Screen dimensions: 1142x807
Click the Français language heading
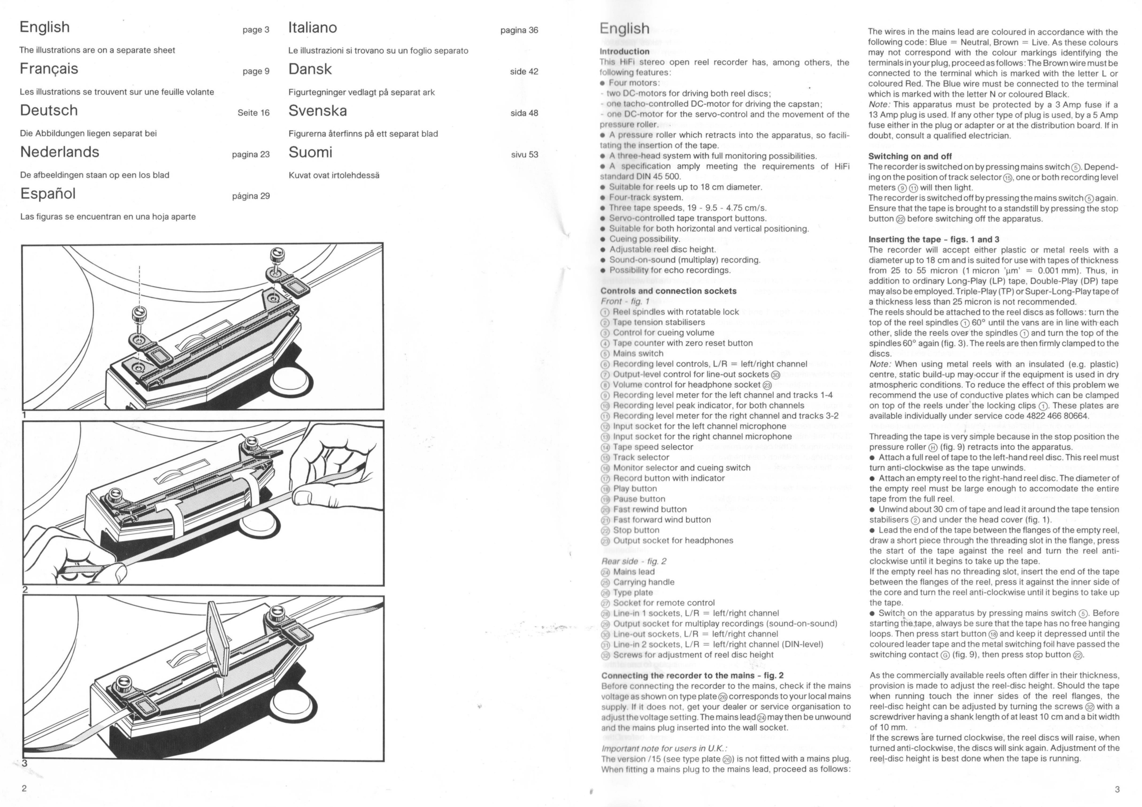(49, 69)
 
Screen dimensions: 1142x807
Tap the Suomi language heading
(310, 152)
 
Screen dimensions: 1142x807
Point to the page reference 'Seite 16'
(254, 113)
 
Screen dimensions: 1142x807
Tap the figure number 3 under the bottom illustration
(24, 763)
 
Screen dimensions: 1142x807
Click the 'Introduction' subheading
(625, 51)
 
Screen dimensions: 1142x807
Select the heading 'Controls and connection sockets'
(669, 291)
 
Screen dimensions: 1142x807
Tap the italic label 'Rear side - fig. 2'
(634, 561)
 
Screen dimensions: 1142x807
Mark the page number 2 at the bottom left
(24, 789)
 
